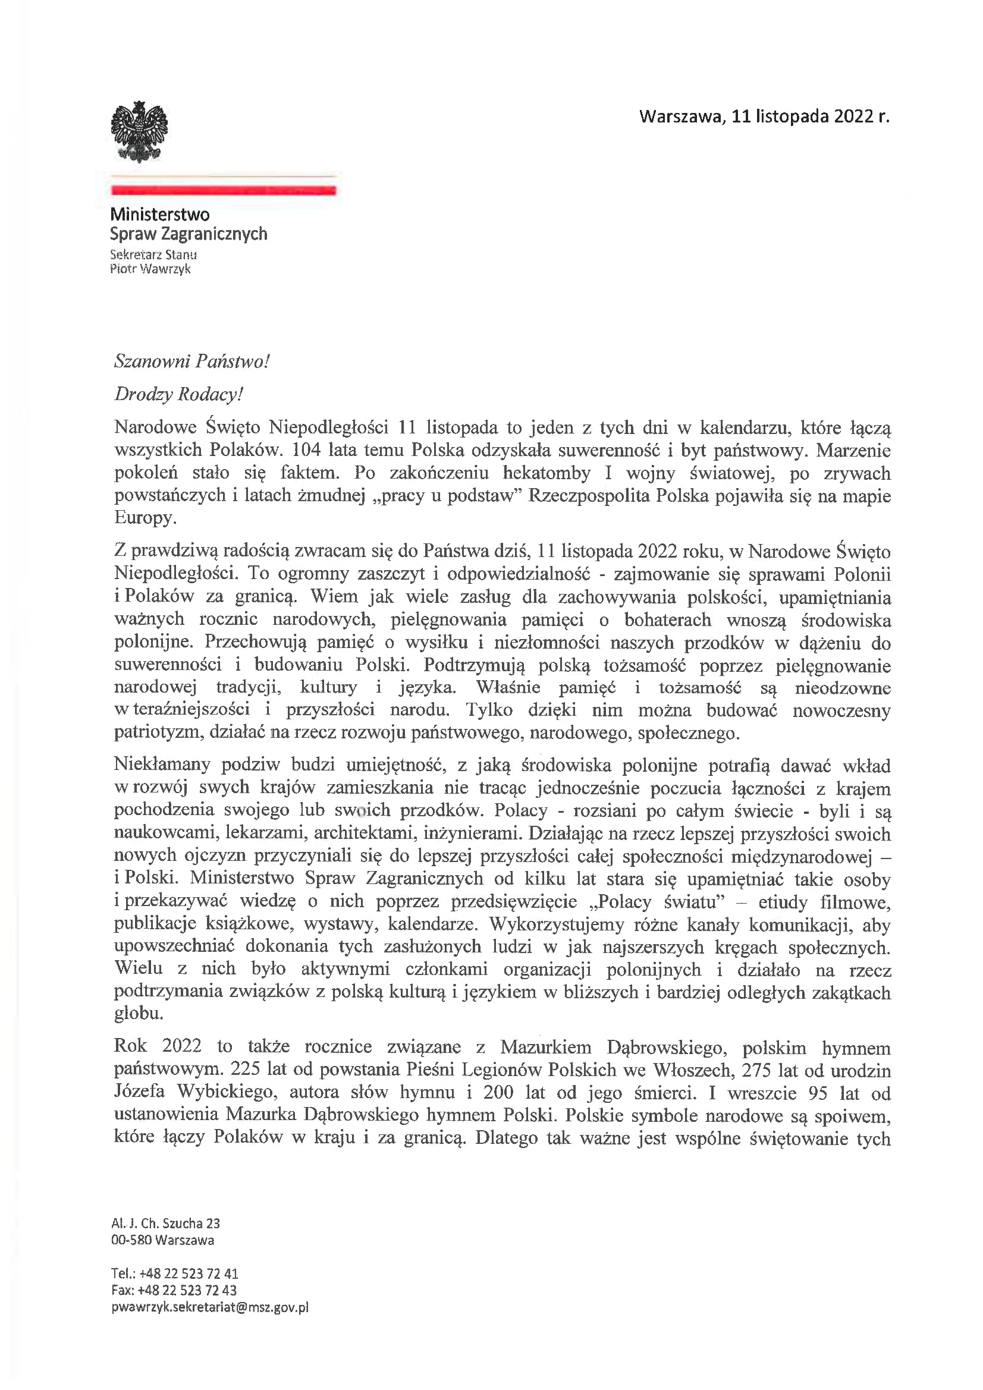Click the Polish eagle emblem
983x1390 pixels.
139,131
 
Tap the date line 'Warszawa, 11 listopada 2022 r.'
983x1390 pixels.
764,117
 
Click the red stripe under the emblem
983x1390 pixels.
223,191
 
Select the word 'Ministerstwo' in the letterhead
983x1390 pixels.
160,214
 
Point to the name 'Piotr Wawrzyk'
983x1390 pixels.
150,269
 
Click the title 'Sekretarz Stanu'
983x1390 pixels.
153,255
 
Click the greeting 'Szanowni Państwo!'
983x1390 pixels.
191,361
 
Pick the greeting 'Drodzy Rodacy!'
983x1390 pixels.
178,394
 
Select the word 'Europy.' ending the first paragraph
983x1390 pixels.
145,518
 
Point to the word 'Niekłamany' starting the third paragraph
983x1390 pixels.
162,765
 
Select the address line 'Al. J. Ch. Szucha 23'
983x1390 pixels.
165,1224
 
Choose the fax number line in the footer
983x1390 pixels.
174,1290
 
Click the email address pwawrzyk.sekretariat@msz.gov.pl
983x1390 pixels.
209,1307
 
